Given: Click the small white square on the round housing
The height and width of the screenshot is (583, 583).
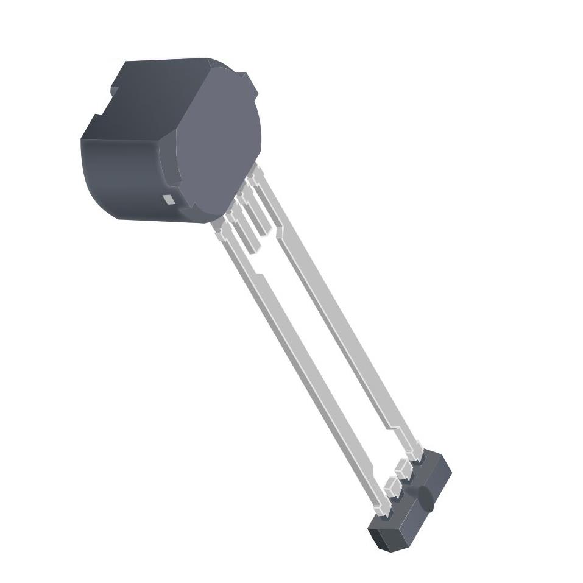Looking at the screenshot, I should pyautogui.click(x=169, y=199).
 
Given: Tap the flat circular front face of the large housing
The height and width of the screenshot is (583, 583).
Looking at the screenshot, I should pyautogui.click(x=219, y=143).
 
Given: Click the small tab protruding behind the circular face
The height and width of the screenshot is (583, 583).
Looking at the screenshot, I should pyautogui.click(x=247, y=82).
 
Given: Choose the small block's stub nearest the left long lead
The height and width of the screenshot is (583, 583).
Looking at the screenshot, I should pyautogui.click(x=391, y=487).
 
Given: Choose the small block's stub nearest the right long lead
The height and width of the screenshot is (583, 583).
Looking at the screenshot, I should pyautogui.click(x=403, y=470).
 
